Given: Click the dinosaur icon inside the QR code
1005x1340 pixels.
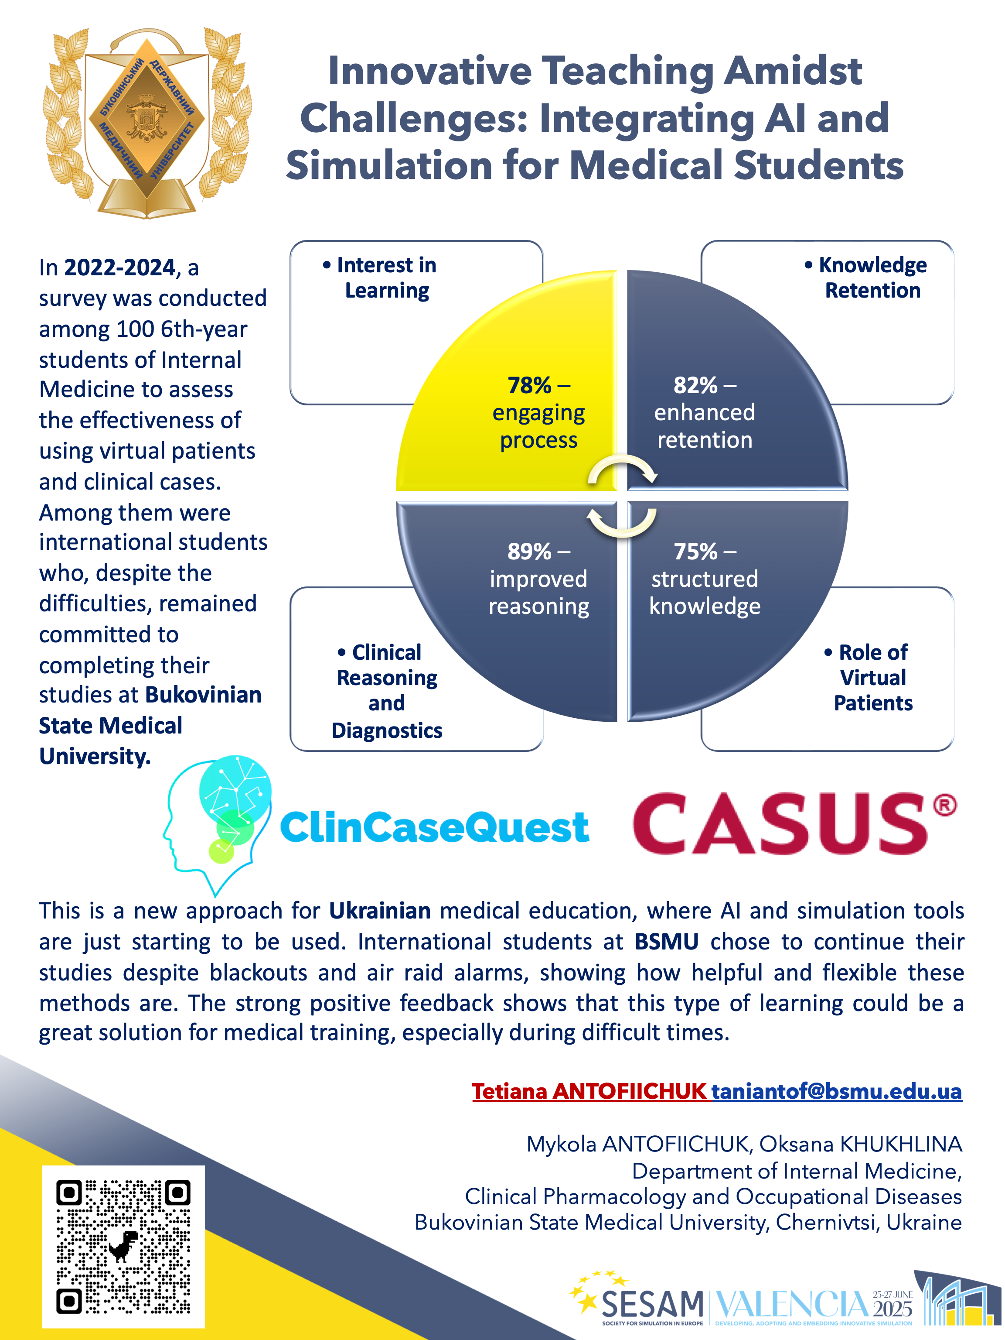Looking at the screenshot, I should (x=123, y=1245).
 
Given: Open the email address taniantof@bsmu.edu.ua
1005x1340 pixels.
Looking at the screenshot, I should (x=836, y=1090).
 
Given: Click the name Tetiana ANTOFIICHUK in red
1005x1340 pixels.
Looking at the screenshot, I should (x=589, y=1090).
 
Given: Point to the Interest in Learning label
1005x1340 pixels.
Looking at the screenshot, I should (x=386, y=278).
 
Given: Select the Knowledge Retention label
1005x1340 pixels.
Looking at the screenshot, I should (x=872, y=278).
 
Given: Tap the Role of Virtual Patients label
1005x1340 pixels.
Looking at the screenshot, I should (x=872, y=677).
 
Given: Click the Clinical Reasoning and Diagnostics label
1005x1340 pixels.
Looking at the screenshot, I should (x=387, y=691).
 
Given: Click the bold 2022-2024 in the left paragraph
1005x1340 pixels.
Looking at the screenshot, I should (x=119, y=267).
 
